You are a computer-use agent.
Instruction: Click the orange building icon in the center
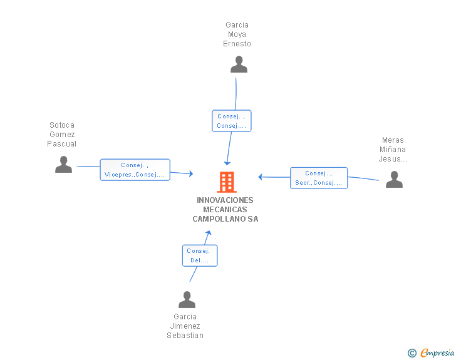pyautogui.click(x=227, y=182)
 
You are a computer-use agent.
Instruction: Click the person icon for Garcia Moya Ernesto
pyautogui.click(x=239, y=64)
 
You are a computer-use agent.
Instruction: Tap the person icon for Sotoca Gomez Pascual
pyautogui.click(x=63, y=164)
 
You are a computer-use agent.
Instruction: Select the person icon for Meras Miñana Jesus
pyautogui.click(x=394, y=180)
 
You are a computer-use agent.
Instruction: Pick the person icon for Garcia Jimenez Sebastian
pyautogui.click(x=187, y=299)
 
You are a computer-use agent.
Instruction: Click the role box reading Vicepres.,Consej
pyautogui.click(x=135, y=170)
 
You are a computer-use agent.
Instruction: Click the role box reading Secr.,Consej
pyautogui.click(x=319, y=178)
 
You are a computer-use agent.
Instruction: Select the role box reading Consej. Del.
pyautogui.click(x=200, y=255)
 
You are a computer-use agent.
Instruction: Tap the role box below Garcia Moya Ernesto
pyautogui.click(x=232, y=121)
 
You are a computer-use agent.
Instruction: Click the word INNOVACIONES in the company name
pyautogui.click(x=225, y=200)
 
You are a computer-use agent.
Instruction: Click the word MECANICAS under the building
pyautogui.click(x=225, y=209)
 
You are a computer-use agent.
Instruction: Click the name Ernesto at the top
pyautogui.click(x=237, y=44)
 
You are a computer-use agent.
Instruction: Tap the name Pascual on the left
pyautogui.click(x=61, y=144)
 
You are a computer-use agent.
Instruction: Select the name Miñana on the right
pyautogui.click(x=393, y=150)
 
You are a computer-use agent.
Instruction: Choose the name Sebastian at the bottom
pyautogui.click(x=185, y=336)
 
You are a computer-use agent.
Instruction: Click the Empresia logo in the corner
pyautogui.click(x=437, y=353)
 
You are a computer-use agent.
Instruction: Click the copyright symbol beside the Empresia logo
pyautogui.click(x=412, y=353)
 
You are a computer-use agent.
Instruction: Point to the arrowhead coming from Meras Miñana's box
pyautogui.click(x=261, y=177)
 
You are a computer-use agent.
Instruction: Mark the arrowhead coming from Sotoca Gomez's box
pyautogui.click(x=191, y=174)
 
